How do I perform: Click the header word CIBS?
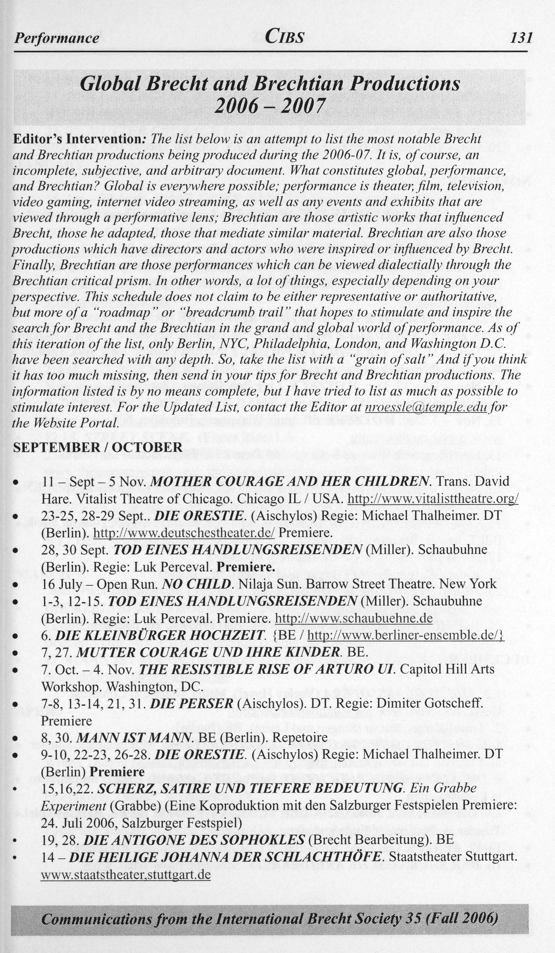[285, 37]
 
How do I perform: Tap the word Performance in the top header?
[56, 38]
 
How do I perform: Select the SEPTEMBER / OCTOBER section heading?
[98, 447]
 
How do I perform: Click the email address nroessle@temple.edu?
[425, 407]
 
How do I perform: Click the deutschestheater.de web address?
[184, 533]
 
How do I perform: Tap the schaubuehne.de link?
[353, 619]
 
